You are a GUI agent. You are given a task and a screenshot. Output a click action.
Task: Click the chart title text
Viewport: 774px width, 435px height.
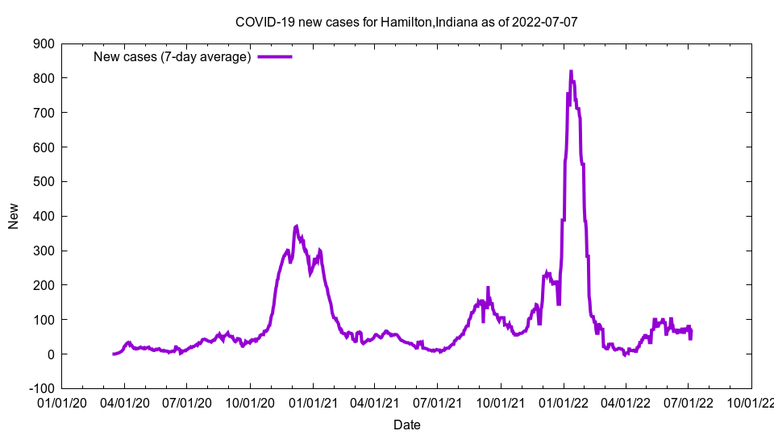click(x=406, y=22)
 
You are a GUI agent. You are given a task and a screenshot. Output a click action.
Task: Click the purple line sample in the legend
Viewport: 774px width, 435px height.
click(x=274, y=56)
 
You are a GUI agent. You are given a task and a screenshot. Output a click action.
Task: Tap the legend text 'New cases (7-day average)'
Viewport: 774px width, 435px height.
click(x=173, y=56)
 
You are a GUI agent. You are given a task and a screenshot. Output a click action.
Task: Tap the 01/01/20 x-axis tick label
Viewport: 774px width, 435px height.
click(x=61, y=400)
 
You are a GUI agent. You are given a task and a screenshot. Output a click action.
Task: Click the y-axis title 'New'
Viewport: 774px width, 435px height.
click(x=14, y=216)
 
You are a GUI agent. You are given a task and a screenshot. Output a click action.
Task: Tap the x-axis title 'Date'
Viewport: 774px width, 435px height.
click(x=406, y=424)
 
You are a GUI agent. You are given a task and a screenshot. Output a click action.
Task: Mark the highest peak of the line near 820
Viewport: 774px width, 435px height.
click(x=571, y=72)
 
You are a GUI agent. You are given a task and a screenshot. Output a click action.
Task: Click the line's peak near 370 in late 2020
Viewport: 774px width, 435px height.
click(x=297, y=226)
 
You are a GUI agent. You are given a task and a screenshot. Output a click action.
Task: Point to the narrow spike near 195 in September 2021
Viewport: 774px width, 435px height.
click(x=488, y=288)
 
